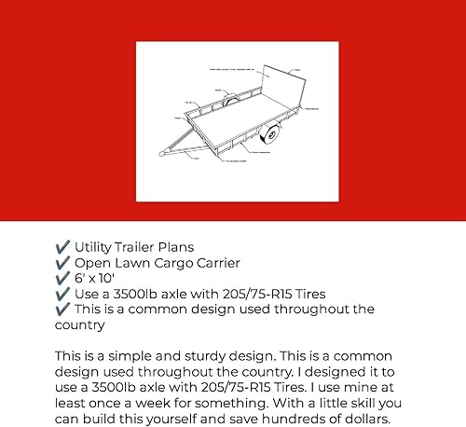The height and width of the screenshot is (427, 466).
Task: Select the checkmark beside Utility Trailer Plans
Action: (62, 249)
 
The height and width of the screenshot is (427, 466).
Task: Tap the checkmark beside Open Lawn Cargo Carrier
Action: (62, 264)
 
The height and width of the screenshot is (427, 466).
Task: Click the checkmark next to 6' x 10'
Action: (62, 279)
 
